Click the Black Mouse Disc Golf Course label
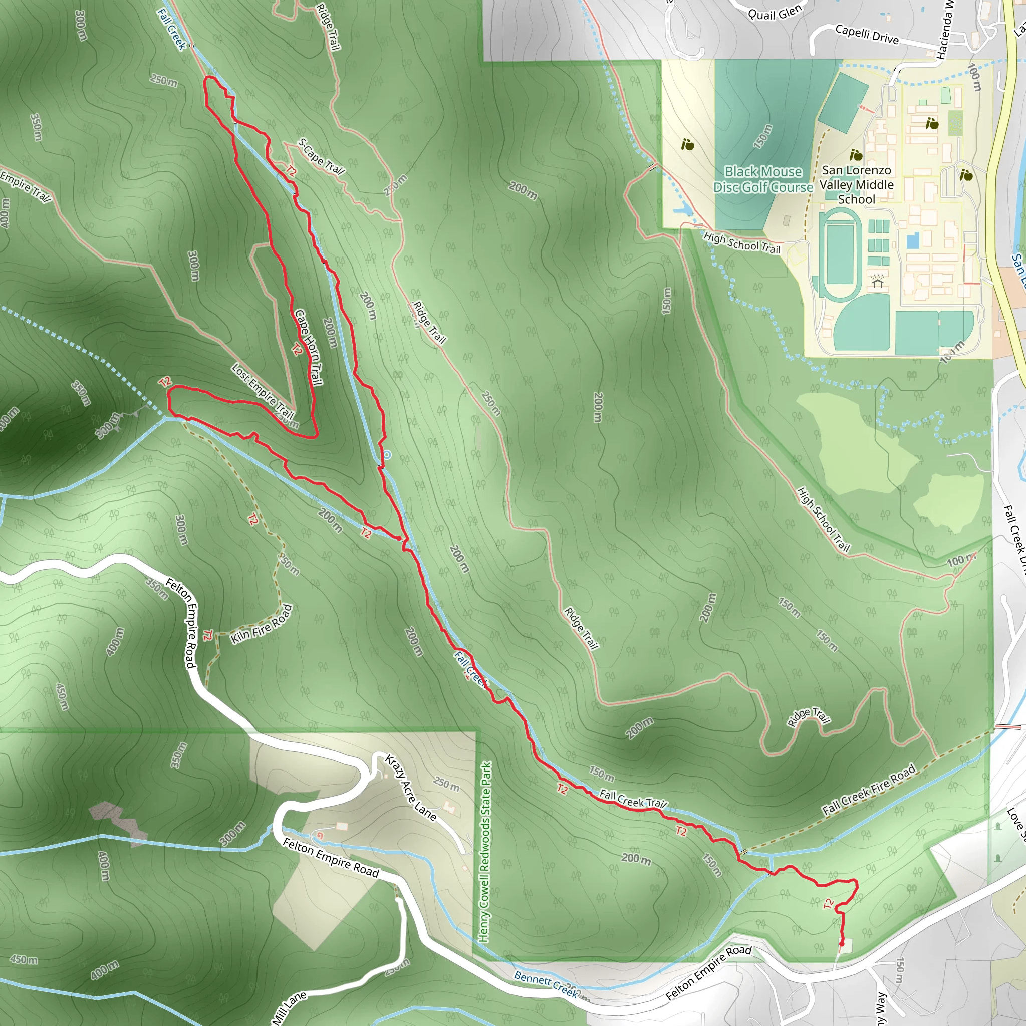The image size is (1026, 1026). coord(763,179)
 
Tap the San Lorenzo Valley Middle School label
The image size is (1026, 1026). coord(856,185)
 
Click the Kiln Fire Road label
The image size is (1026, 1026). coord(262,625)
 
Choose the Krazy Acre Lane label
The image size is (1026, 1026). coord(410,788)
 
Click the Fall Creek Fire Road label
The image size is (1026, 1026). coord(869,790)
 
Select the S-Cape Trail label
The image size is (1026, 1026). coord(321,157)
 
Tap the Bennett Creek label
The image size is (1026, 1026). coord(546,984)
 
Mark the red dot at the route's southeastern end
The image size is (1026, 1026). coord(841,944)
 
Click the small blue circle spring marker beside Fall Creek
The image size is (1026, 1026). coord(387,454)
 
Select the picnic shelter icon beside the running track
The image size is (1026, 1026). coord(877,281)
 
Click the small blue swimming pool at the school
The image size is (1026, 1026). coord(913,241)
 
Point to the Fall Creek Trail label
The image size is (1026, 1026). coord(633,799)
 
